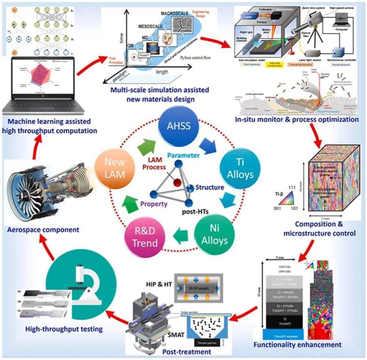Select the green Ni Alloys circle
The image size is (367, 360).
tap(219, 234)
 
